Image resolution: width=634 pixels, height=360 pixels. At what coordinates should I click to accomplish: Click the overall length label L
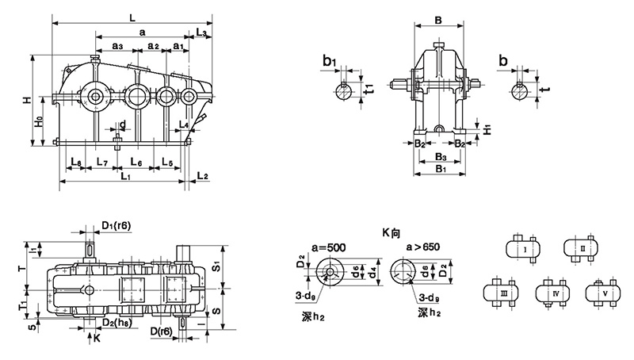[132, 13]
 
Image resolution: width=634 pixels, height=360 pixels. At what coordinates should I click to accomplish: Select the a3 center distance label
[116, 47]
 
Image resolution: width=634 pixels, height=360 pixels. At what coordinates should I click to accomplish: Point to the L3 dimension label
[201, 33]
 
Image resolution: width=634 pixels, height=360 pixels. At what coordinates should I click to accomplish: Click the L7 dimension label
[101, 162]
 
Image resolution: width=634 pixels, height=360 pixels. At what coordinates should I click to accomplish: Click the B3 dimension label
[437, 157]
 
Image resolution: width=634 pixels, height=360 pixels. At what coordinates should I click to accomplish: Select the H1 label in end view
[487, 127]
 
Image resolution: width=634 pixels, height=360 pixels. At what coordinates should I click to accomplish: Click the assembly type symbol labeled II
[582, 249]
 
